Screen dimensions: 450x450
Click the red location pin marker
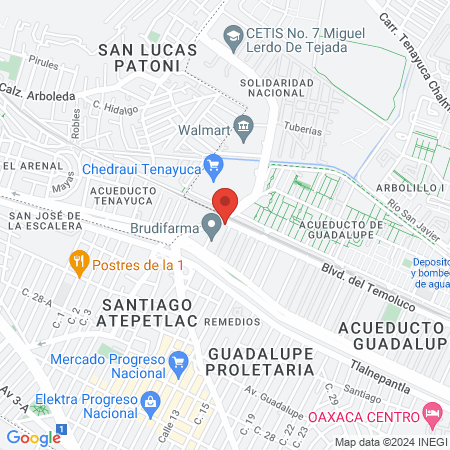coord(226,205)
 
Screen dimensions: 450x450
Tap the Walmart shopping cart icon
coord(243,128)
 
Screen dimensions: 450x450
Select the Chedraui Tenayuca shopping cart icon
coord(212,164)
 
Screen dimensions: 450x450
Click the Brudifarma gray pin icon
coord(212,227)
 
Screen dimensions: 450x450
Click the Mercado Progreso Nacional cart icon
coord(179,360)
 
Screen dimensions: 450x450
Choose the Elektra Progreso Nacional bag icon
coord(149,401)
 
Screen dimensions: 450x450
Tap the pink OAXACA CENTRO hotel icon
coord(432,413)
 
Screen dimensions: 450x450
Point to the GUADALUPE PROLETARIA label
coord(264,363)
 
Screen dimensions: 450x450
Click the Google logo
coord(32,437)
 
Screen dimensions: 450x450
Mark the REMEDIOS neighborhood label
coord(233,323)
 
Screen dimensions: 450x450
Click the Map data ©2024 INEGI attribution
coord(390,442)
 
